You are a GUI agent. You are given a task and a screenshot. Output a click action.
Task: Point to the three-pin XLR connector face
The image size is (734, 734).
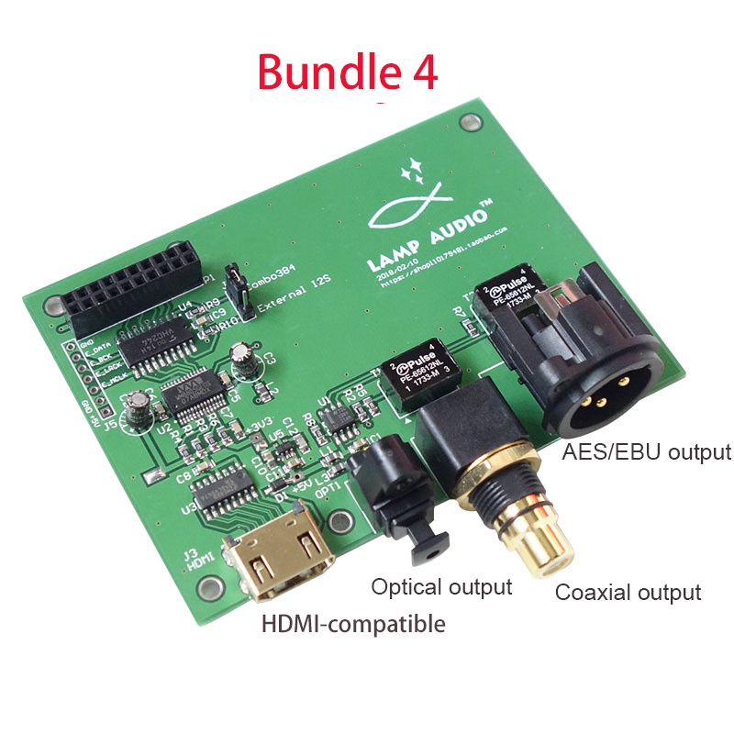[x=597, y=391]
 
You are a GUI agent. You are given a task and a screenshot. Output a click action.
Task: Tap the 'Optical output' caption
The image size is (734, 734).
[x=441, y=586]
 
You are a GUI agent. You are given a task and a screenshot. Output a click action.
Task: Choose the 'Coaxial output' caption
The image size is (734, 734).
[x=628, y=592]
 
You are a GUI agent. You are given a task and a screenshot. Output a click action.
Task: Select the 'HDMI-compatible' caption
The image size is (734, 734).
[x=353, y=625]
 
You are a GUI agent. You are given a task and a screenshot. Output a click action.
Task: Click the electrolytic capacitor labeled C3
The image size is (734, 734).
[x=241, y=360]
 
